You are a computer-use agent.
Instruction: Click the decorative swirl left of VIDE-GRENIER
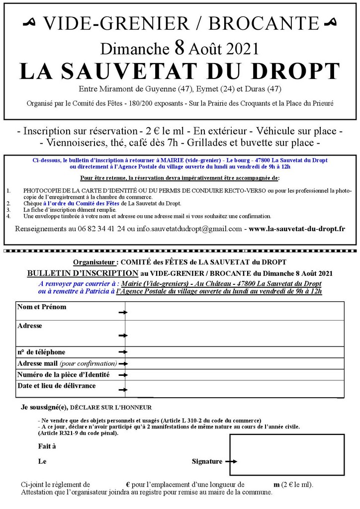pyautogui.click(x=31, y=22)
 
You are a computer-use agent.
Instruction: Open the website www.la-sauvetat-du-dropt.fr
pyautogui.click(x=297, y=229)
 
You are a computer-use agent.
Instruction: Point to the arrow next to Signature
pyautogui.click(x=231, y=461)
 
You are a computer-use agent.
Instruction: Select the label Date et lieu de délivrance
pyautogui.click(x=57, y=385)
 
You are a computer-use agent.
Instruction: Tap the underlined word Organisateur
pyautogui.click(x=95, y=261)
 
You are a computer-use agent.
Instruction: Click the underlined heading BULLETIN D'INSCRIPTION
pyautogui.click(x=83, y=273)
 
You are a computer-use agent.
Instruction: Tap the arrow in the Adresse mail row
pyautogui.click(x=122, y=364)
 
